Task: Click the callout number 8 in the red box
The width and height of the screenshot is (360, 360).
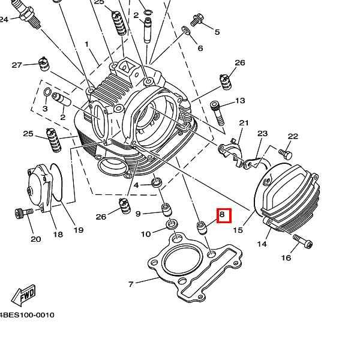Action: click(x=223, y=215)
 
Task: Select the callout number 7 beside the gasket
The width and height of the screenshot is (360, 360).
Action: click(x=131, y=284)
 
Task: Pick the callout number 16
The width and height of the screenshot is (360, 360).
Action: click(x=286, y=258)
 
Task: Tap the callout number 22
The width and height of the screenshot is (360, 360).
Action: click(x=293, y=137)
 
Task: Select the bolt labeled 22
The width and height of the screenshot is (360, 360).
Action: click(x=284, y=154)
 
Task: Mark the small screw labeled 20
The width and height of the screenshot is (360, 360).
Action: click(x=22, y=212)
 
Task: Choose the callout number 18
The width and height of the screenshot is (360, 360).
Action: click(x=58, y=234)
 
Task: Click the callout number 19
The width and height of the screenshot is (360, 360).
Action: click(x=79, y=230)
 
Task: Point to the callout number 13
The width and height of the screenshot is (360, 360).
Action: click(x=240, y=101)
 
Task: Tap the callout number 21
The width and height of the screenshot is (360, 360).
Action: click(x=244, y=123)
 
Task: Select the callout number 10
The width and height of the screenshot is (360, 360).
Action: click(x=146, y=234)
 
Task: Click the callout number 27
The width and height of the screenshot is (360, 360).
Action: click(x=17, y=65)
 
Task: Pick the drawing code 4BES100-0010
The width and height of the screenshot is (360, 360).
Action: click(x=26, y=314)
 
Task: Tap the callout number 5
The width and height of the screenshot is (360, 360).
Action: click(x=217, y=32)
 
